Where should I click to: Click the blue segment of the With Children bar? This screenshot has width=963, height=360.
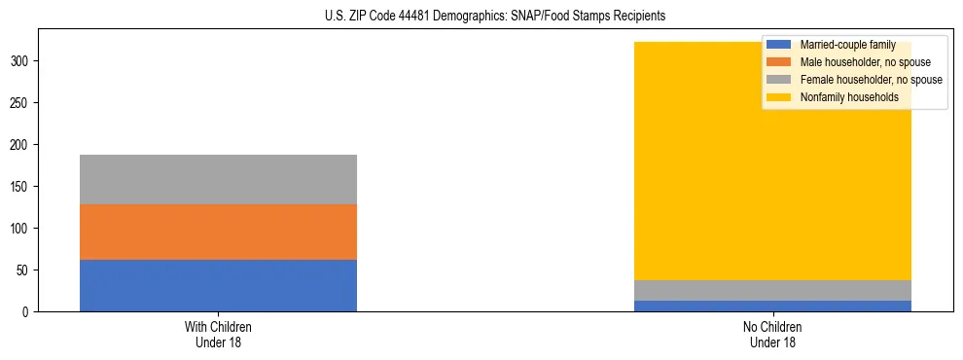(218, 285)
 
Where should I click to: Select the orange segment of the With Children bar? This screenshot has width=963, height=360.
(218, 232)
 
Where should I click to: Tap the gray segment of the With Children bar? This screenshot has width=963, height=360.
(218, 179)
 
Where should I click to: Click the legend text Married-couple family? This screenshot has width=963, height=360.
(847, 45)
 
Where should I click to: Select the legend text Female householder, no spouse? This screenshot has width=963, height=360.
(871, 80)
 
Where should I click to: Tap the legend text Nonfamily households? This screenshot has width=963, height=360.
(849, 97)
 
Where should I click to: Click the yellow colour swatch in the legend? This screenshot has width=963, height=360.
(779, 97)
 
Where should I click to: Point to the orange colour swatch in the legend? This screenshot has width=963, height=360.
(779, 62)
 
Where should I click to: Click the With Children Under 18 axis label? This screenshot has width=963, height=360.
(218, 335)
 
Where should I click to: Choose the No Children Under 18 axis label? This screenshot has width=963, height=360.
(772, 335)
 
